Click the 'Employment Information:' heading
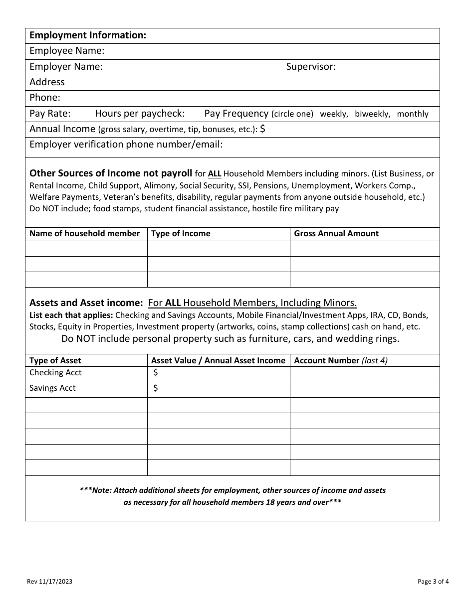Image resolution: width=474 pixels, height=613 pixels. click(x=88, y=35)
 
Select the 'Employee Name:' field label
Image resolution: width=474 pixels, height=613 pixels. click(x=67, y=51)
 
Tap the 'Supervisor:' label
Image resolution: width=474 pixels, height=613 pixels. click(x=311, y=67)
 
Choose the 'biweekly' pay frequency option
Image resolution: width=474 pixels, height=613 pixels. click(x=372, y=114)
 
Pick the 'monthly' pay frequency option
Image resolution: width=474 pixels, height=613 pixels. click(x=413, y=114)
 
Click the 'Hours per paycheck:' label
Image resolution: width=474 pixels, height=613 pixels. click(x=140, y=113)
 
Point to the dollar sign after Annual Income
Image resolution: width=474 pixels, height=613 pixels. click(x=263, y=129)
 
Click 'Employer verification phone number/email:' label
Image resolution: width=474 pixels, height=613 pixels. click(x=126, y=145)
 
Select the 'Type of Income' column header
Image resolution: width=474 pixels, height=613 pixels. click(x=181, y=234)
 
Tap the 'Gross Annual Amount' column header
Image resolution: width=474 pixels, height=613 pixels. click(x=336, y=234)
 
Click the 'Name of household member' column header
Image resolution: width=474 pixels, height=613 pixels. click(x=85, y=234)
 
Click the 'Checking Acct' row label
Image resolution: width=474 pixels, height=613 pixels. click(x=55, y=373)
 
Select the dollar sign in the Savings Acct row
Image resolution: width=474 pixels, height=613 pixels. click(x=156, y=388)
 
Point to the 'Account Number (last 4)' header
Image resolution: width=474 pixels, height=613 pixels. click(x=341, y=360)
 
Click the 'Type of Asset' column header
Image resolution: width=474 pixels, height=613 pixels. click(x=55, y=360)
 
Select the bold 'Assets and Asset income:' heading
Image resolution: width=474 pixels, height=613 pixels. click(x=86, y=303)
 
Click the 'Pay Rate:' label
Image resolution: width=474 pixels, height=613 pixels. click(x=50, y=113)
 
